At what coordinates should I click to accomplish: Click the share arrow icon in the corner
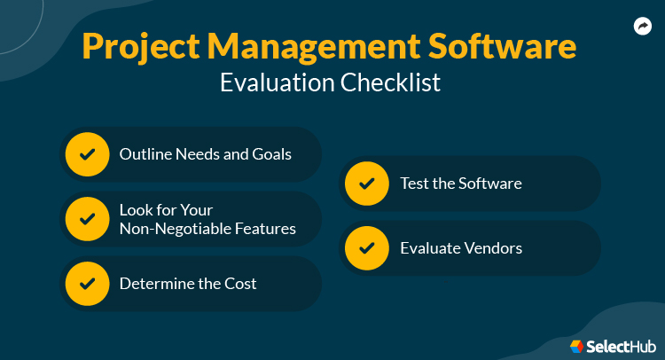[643, 27]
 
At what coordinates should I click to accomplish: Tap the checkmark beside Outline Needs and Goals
[87, 154]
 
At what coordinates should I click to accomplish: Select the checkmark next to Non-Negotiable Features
[87, 219]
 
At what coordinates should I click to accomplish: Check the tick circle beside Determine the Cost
[87, 284]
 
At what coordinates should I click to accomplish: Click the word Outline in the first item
[144, 154]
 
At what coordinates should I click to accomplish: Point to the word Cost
[240, 284]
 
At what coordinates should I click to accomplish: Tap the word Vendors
[492, 248]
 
